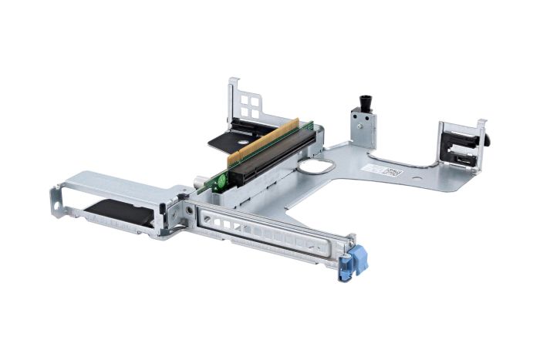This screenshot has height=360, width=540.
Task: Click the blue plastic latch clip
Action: coord(357,257)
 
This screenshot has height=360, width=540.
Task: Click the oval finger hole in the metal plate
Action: coord(314,166)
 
